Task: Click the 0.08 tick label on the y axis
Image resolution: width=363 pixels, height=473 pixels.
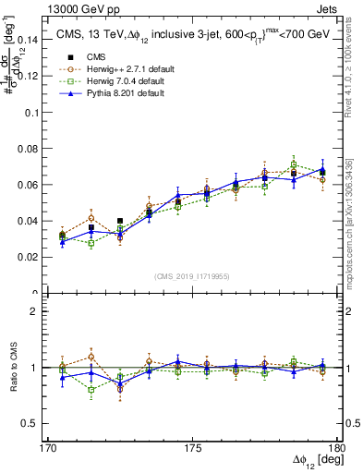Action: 30,149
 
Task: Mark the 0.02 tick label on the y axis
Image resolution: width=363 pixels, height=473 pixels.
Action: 30,258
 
